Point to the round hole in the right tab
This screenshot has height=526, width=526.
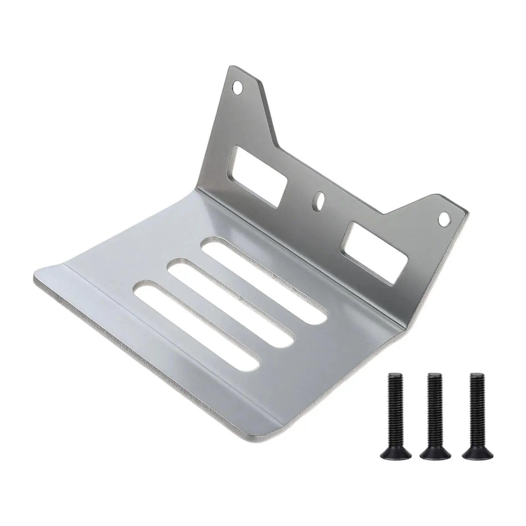click(444, 217)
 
